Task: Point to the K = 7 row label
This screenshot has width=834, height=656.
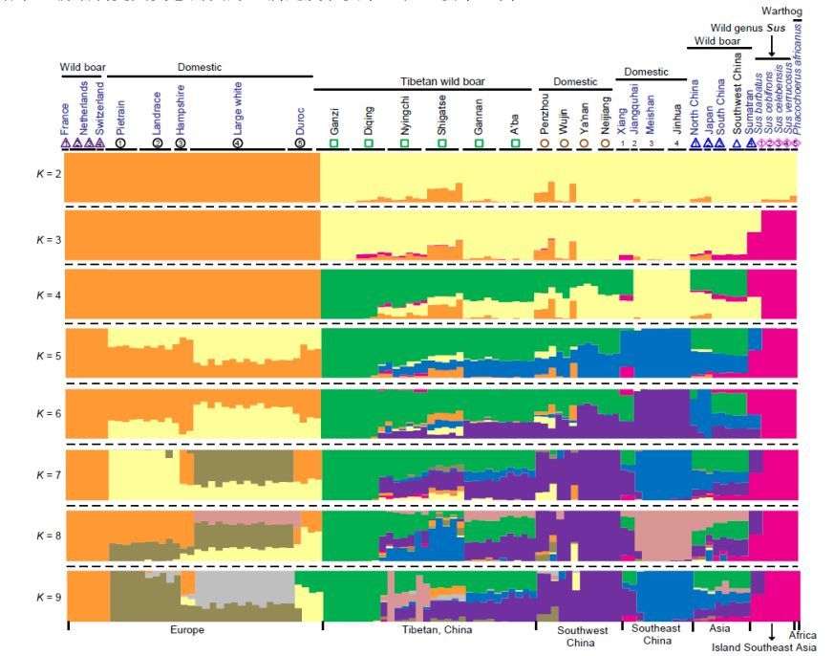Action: coord(49,475)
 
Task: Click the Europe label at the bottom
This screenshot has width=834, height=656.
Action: coord(187,630)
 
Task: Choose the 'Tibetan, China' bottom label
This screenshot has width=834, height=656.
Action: coord(434,630)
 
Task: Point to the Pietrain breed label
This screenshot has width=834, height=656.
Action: coord(120,113)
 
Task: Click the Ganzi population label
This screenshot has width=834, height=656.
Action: coord(334,120)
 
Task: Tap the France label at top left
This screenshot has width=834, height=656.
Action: coord(65,119)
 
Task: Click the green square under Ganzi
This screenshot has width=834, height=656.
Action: coord(334,142)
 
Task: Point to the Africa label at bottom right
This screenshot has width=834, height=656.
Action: coord(802,635)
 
